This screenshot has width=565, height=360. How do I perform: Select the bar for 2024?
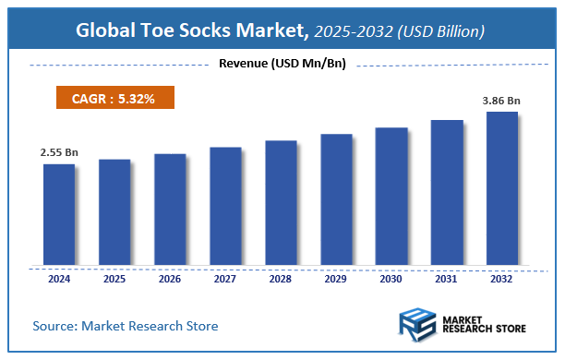pyautogui.click(x=59, y=214)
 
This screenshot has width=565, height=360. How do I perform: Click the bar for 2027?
pyautogui.click(x=225, y=206)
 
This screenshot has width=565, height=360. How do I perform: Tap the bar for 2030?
pyautogui.click(x=391, y=196)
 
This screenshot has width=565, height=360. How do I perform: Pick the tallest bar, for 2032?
pyautogui.click(x=502, y=188)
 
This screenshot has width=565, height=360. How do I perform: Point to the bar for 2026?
pyautogui.click(x=170, y=210)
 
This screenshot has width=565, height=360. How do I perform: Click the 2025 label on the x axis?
pyautogui.click(x=114, y=278)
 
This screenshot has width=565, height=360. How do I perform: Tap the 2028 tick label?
pyautogui.click(x=281, y=278)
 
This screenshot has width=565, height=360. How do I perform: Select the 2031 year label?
pyautogui.click(x=447, y=278)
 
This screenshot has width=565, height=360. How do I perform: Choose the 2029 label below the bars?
pyautogui.click(x=336, y=278)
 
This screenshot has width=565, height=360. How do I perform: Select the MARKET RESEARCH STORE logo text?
pyautogui.click(x=486, y=326)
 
